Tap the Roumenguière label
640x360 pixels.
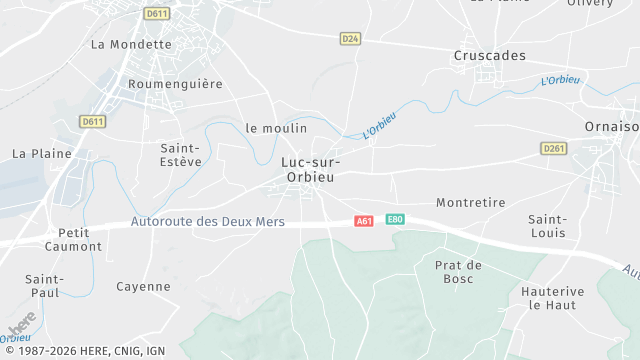pos(175,84)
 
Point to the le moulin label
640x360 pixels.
pos(276,128)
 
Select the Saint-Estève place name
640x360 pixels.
pos(181,154)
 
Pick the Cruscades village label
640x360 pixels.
pos(489,56)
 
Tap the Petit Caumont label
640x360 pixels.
pos(74,239)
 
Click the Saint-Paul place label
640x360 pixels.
pos(45,286)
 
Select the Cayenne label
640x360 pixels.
pos(143,287)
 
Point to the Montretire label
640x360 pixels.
pos(471,202)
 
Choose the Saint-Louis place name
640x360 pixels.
pos(548,226)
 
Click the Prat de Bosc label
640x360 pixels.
pos(459,272)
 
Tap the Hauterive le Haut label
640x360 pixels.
pos(552,298)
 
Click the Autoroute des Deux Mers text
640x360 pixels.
pos(208,222)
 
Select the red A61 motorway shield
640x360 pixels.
pos(364,220)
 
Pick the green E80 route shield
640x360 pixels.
pos(395,220)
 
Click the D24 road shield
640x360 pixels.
pos(350,39)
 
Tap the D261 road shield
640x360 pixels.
pos(554,149)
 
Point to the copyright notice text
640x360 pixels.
pos(84,351)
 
